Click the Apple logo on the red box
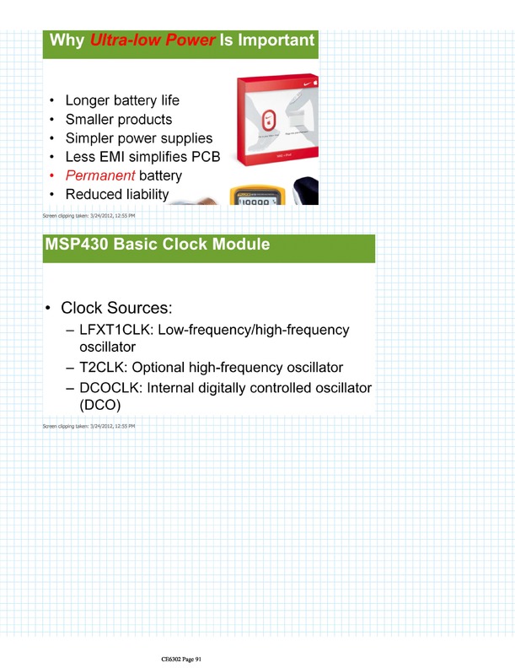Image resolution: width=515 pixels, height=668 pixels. coord(316,83)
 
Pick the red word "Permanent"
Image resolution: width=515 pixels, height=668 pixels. coord(100,176)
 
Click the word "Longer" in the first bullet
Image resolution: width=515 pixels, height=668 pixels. coord(91,100)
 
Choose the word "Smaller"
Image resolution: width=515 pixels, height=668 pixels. coord(94,119)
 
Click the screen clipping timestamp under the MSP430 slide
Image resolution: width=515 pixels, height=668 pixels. coord(89,427)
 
